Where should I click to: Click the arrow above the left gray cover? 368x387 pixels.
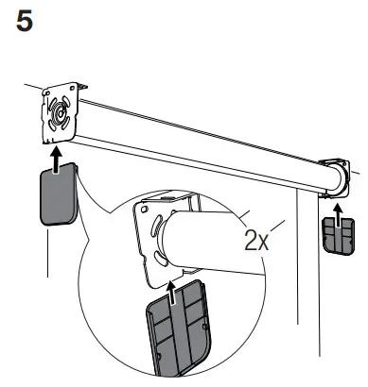click(x=58, y=162)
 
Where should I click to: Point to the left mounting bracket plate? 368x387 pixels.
click(x=61, y=116)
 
